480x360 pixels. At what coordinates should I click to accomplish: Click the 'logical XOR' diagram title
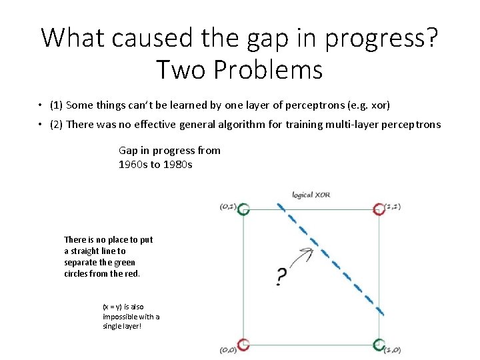311,195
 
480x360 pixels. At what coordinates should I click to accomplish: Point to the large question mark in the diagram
281,276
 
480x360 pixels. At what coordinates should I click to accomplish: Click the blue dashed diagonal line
331,260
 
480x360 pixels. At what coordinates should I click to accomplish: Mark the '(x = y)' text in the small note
113,307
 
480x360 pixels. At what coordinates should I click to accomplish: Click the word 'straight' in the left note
87,251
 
